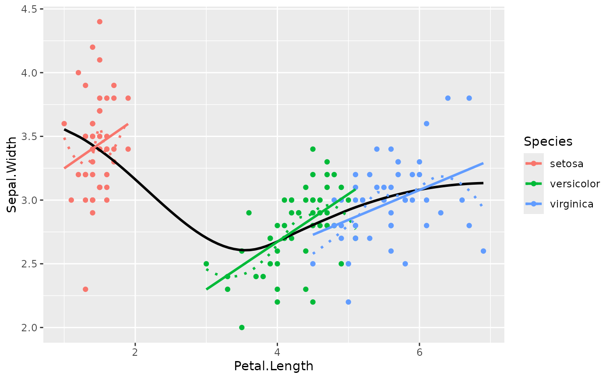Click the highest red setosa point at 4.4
[99, 22]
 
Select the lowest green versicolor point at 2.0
[242, 327]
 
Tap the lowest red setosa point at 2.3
[85, 289]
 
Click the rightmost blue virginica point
[483, 251]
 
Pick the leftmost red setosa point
[64, 123]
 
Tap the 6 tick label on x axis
[419, 352]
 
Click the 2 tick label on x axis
[135, 352]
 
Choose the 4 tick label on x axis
[277, 352]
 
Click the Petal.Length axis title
[274, 366]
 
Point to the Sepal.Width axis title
[12, 175]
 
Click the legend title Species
[548, 141]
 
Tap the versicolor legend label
[574, 184]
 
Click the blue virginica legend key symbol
[534, 204]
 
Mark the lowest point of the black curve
[246, 250]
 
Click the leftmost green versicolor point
[206, 264]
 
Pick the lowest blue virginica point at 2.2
[348, 302]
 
